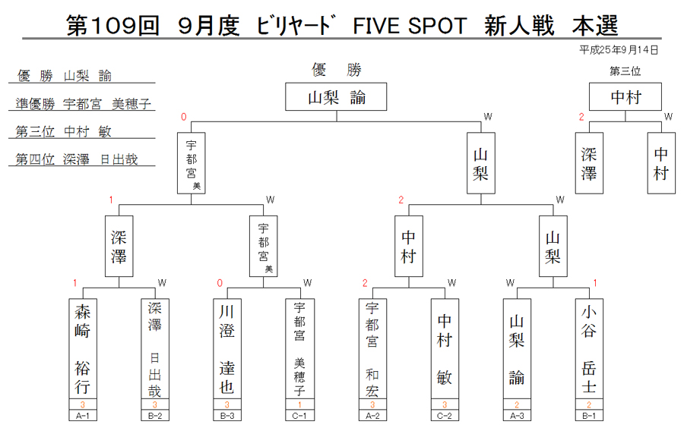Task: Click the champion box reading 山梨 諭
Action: click(336, 96)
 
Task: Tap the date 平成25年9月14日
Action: click(619, 50)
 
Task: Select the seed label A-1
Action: click(82, 416)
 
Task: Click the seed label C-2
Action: click(445, 416)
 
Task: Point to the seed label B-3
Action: click(226, 416)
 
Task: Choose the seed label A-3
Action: click(517, 416)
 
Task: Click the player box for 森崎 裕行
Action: click(82, 349)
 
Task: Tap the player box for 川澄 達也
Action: click(226, 349)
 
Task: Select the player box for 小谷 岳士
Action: click(589, 349)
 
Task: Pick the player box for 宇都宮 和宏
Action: click(372, 349)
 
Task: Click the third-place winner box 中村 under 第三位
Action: click(625, 96)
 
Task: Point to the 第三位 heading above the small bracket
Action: click(625, 71)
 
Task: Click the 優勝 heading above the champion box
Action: click(337, 70)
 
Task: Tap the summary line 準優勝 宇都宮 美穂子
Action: click(83, 104)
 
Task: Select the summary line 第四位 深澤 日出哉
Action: click(76, 159)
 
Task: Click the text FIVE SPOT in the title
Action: click(410, 26)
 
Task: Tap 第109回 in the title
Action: click(112, 25)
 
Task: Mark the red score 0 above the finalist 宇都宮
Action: click(184, 117)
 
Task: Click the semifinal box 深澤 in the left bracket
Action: click(119, 246)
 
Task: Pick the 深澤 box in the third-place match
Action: click(589, 163)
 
